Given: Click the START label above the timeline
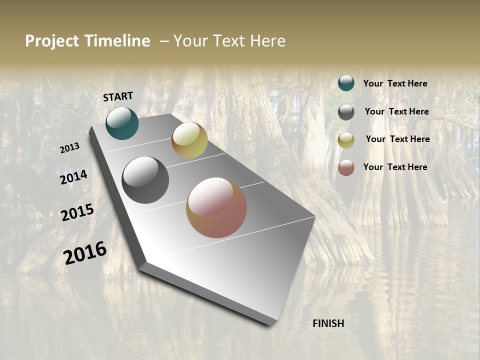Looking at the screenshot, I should point(118,96).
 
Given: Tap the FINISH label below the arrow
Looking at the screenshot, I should point(328,323).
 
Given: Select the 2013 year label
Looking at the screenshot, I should point(70,148).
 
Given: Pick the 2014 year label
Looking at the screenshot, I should point(74,177).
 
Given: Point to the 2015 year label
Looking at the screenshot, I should point(77,212).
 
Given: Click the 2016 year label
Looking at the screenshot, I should point(85,252).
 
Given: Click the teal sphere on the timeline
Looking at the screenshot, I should point(122,123).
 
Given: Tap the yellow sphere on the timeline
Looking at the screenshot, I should point(189,140).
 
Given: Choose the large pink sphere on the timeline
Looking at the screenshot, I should point(216,207).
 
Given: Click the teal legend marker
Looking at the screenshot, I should point(346,83).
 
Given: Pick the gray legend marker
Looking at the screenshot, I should point(346,112).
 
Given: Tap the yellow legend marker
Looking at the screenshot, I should point(346,140).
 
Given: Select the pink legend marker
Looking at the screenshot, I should point(346,167).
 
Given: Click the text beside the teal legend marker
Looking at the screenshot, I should point(395,84).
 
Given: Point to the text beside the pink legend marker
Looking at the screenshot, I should point(395,167).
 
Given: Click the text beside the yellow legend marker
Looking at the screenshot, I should point(397,139).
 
